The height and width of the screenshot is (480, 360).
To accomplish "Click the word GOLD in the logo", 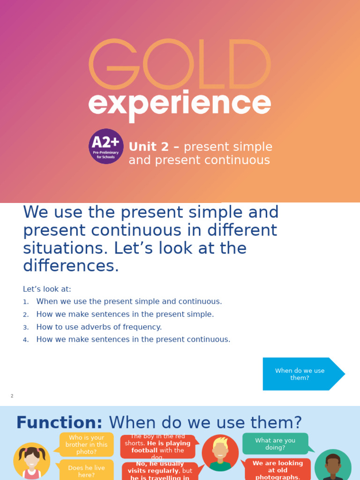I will [x=180, y=64].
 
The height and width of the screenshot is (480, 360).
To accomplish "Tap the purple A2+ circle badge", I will [x=106, y=146].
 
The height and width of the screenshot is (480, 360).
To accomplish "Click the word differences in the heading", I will [x=71, y=266].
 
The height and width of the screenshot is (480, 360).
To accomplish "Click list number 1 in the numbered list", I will [x=26, y=302].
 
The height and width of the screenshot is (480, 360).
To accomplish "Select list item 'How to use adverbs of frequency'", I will [x=99, y=327].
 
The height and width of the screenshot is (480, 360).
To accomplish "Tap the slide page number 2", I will [x=12, y=396].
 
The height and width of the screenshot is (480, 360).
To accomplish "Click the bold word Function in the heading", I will [x=59, y=422].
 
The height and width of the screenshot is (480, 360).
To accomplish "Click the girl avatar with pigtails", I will [x=32, y=460].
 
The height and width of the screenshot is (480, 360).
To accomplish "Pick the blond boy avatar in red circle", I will [x=220, y=453].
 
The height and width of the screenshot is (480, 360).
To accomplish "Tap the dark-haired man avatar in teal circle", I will [x=333, y=466].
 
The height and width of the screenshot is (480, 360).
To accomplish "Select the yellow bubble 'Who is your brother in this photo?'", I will [x=86, y=444].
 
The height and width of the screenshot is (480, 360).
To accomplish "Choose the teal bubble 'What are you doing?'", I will [x=275, y=443].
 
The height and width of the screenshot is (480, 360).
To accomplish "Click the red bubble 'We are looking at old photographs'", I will [x=277, y=470].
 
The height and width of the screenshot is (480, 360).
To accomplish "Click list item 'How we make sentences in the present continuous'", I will [x=133, y=340].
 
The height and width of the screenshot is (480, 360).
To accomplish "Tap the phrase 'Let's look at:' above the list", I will [x=47, y=289].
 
